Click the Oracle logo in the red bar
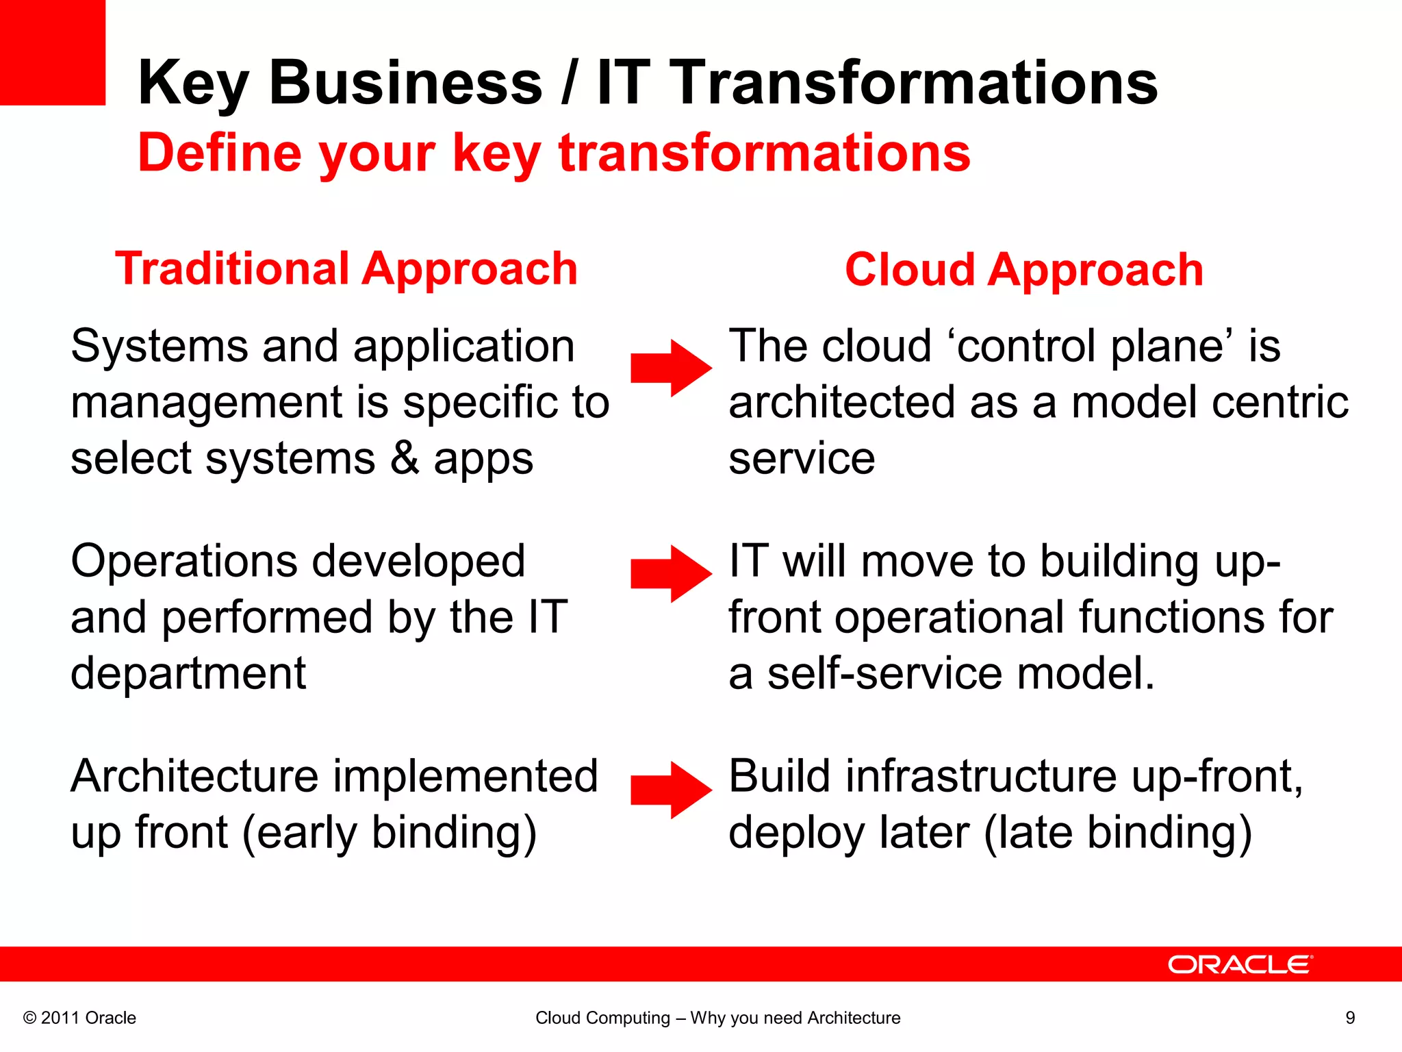point(1240,964)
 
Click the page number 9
point(1350,1018)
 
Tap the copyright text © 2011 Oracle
point(79,1018)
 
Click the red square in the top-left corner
point(52,52)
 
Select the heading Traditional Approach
point(346,268)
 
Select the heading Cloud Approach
point(1023,270)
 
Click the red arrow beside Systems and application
point(671,368)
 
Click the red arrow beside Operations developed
point(671,574)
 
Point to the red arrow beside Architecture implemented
point(671,790)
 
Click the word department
point(188,674)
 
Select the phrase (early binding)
point(389,834)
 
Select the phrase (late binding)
point(1118,834)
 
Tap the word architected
point(841,402)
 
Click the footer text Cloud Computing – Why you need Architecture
point(717,1018)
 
